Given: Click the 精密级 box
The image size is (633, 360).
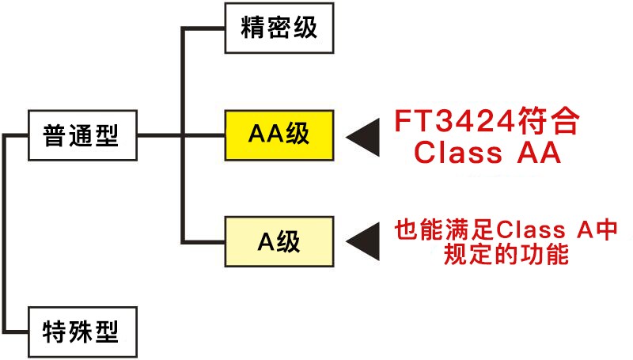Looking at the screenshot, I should [x=279, y=29].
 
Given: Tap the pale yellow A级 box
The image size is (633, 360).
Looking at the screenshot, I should [x=279, y=241].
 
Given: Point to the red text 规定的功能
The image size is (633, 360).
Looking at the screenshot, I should [x=506, y=256].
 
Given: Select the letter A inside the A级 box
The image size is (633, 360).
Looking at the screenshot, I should [x=266, y=241].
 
